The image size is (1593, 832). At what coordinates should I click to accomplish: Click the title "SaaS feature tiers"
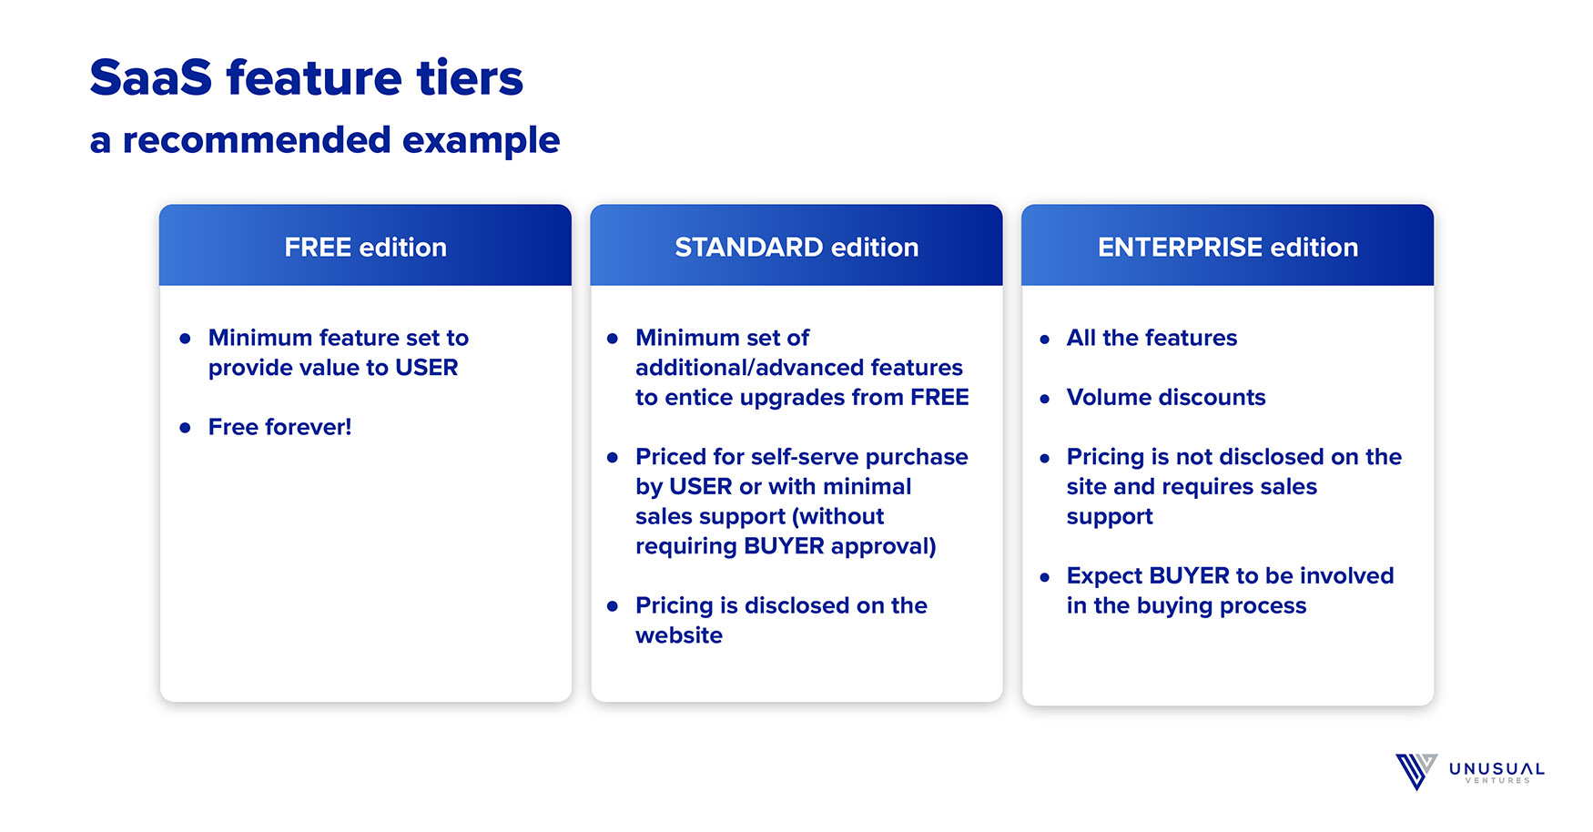[x=307, y=77]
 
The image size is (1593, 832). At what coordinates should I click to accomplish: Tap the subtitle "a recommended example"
[x=325, y=140]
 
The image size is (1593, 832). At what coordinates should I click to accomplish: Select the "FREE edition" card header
[x=365, y=245]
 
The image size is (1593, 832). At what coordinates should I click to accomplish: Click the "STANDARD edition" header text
[x=796, y=247]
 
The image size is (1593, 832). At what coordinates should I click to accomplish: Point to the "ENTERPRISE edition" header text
[x=1228, y=247]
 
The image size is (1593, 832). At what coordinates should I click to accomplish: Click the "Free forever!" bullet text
[x=279, y=427]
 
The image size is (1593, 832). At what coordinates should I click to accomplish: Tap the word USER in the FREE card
[x=427, y=368]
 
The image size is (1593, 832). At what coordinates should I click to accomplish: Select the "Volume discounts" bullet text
[x=1166, y=398]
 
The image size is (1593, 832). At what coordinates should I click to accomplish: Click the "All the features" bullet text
[x=1152, y=338]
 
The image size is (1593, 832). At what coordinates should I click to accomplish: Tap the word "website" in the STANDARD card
[x=679, y=635]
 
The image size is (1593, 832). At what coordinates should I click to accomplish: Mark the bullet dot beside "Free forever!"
[x=186, y=428]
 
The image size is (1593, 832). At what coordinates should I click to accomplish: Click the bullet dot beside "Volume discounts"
[x=1045, y=399]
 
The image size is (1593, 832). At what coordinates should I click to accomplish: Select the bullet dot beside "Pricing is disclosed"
[x=613, y=606]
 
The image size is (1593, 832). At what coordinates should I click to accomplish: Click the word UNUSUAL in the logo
[x=1497, y=769]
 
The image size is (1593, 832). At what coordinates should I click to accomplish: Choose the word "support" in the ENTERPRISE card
[x=1110, y=517]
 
